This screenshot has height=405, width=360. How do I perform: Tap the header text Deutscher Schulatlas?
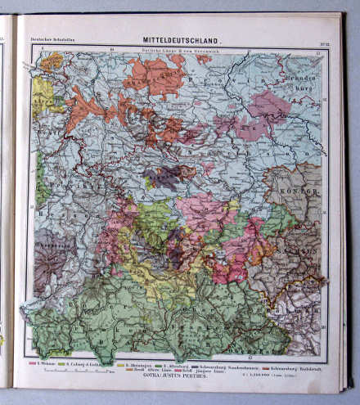pos(48,40)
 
